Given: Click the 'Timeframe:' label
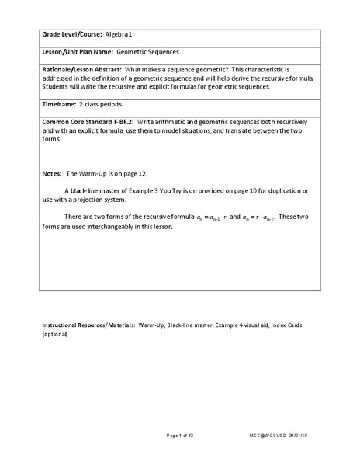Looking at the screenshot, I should click(60, 103).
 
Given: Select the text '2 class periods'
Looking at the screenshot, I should click(101, 103).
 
